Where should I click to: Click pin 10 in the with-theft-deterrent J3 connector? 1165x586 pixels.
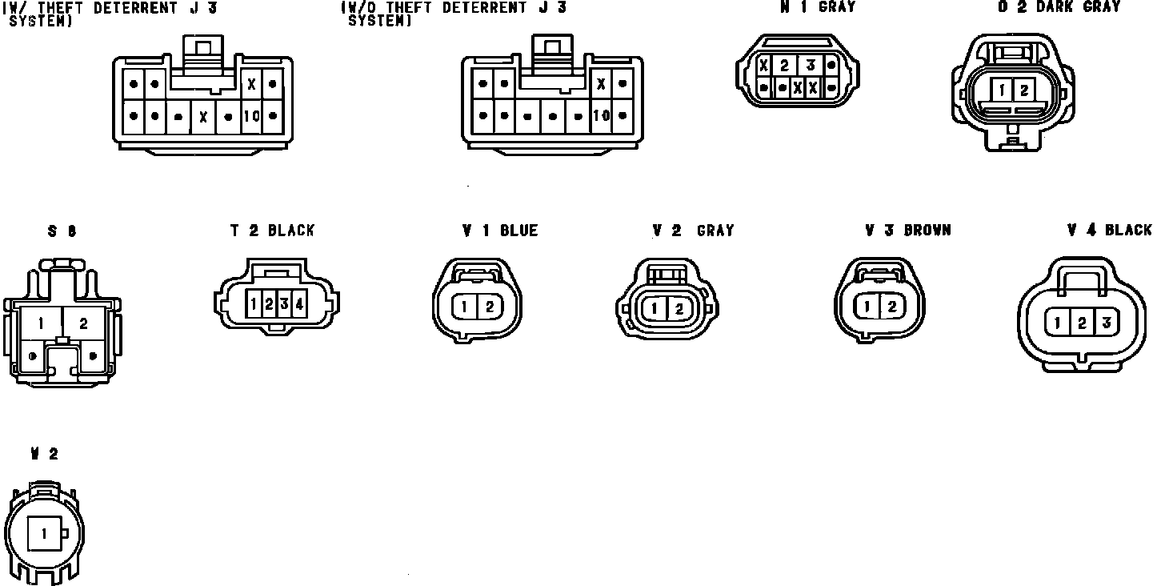click(x=251, y=116)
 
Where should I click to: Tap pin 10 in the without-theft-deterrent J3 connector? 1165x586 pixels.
click(x=601, y=115)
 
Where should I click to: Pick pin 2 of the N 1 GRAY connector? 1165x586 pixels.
click(x=785, y=66)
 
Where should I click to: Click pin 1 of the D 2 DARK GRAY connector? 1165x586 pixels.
click(x=1003, y=90)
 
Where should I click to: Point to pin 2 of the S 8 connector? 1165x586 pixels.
click(x=83, y=323)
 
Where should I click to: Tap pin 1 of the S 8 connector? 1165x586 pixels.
click(x=40, y=323)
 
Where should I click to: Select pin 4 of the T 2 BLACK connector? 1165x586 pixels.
click(x=298, y=303)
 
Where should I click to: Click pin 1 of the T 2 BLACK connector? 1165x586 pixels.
click(x=253, y=303)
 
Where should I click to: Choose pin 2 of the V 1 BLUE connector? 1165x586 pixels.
click(x=490, y=306)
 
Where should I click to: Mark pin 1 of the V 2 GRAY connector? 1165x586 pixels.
click(x=655, y=308)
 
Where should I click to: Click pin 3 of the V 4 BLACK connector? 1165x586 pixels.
click(x=1106, y=323)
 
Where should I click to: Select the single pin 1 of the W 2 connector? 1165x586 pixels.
click(x=44, y=533)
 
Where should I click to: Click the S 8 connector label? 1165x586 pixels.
click(x=62, y=231)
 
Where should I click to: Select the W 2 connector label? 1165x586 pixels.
click(x=44, y=454)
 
